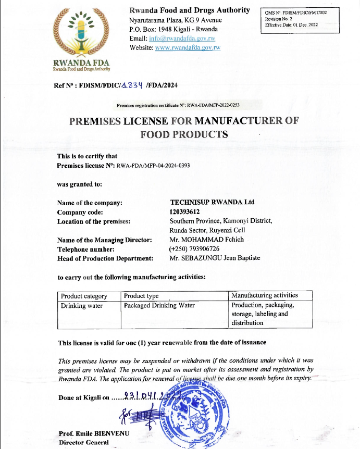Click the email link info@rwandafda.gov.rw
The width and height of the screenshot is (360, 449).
182,39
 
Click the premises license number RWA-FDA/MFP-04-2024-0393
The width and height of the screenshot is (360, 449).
154,166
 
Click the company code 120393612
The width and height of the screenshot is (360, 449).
185,211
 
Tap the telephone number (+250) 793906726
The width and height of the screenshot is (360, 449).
194,248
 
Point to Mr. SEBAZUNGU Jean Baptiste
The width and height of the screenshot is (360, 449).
215,258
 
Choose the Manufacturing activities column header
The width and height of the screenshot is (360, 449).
264,296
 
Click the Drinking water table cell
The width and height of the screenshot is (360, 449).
82,306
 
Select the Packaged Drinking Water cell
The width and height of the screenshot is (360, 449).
159,306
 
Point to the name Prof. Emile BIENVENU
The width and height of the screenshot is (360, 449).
93,433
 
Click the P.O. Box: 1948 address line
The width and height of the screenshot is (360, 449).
173,29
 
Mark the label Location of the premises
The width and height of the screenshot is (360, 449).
94,221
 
